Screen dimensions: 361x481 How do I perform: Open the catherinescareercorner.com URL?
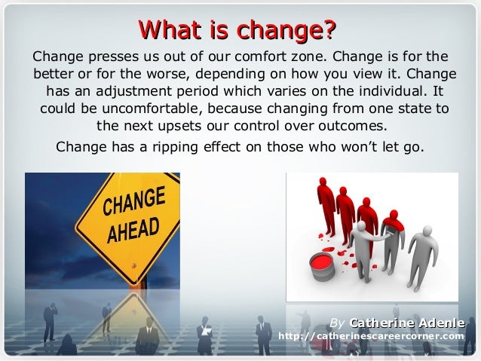pos(372,336)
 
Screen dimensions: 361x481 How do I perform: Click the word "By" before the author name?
pos(337,323)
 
